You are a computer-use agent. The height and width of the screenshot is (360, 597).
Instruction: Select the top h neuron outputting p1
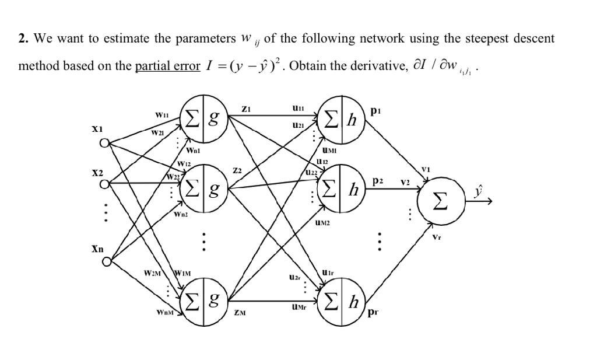[340, 120]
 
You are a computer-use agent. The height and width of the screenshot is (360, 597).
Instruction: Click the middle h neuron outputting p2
[340, 187]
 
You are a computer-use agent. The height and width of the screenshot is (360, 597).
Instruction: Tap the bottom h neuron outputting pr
[340, 301]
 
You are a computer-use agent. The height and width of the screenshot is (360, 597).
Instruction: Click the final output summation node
[442, 201]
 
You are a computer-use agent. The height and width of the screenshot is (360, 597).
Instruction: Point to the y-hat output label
[479, 191]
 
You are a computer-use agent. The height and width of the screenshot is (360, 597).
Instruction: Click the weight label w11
[161, 116]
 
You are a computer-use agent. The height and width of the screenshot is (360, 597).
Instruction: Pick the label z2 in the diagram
[237, 171]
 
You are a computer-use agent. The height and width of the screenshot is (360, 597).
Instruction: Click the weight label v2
[405, 182]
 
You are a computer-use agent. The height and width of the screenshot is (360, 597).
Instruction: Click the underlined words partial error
[167, 66]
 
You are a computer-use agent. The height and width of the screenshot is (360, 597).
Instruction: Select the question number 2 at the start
[23, 39]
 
